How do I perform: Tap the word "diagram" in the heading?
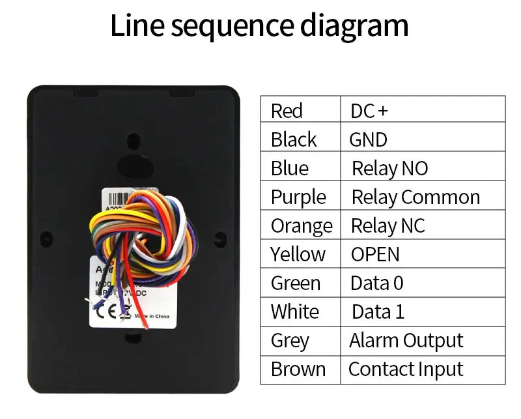(x=354, y=26)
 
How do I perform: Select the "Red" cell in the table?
(x=287, y=111)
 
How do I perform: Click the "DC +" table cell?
(x=369, y=111)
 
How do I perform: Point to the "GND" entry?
(x=368, y=139)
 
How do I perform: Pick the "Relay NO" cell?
(x=389, y=168)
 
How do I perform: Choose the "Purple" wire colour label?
(x=298, y=197)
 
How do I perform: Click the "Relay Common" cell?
(x=415, y=197)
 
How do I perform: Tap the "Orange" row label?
(x=302, y=225)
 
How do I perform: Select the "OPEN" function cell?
(x=375, y=254)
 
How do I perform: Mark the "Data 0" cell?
(x=377, y=283)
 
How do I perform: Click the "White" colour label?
(x=295, y=311)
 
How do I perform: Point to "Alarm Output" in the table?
(x=406, y=340)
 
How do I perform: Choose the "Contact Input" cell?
(x=406, y=369)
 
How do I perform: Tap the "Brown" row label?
(x=298, y=369)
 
